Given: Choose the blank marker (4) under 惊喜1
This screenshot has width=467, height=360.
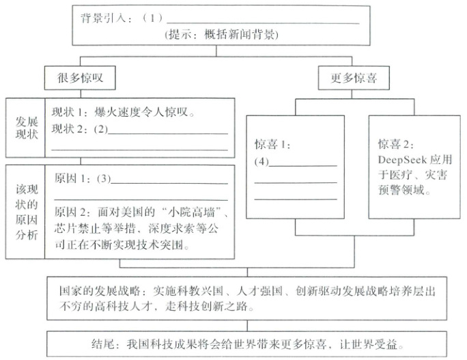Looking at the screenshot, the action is click(262, 162).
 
